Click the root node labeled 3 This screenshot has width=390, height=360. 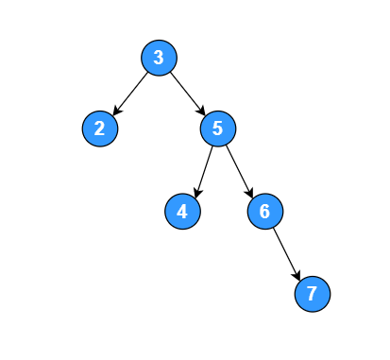(x=159, y=58)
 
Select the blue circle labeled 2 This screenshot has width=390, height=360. (x=99, y=129)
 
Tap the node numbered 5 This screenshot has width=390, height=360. (x=217, y=129)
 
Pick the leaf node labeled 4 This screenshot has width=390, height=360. (x=182, y=212)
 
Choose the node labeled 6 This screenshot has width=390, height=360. (x=264, y=212)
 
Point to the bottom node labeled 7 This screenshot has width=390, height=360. (x=312, y=294)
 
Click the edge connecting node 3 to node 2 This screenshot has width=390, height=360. (x=130, y=92)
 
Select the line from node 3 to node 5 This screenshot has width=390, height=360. (x=187, y=92)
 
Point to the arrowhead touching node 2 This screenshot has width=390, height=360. (x=115, y=111)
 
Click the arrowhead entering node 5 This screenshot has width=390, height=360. (x=202, y=111)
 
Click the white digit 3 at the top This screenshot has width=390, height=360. (x=159, y=58)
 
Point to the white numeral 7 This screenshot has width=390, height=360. (x=312, y=294)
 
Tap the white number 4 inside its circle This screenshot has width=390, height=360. (x=182, y=212)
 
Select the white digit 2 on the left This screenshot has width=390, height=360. (x=99, y=129)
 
